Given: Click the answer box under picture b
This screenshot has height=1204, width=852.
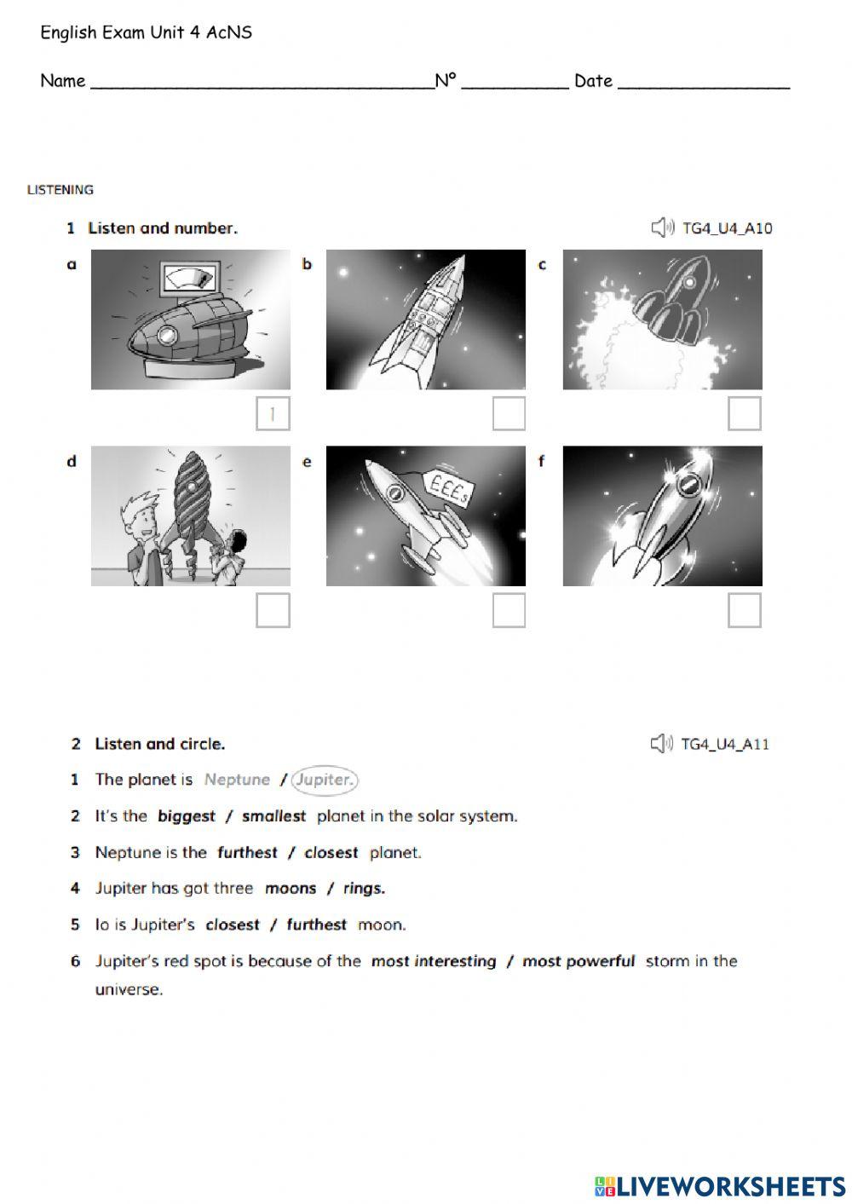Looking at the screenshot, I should coord(509,414).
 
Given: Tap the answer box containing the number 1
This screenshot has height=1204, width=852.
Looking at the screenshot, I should coord(273,414).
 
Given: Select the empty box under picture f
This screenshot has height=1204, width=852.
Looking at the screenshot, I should coord(744,610).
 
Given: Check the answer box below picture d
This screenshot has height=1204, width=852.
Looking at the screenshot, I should coord(273,610).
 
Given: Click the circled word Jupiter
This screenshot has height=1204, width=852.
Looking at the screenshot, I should coord(324,780).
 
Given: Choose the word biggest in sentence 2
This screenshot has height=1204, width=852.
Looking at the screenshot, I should coord(187,816).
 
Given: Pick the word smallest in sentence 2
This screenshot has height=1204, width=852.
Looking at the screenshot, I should coord(273,816).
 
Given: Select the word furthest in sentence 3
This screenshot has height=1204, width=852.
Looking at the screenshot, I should coord(247,853).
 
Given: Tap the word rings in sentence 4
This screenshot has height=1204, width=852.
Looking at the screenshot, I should coord(364,889).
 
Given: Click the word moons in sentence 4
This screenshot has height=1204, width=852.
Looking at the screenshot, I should coord(291,889).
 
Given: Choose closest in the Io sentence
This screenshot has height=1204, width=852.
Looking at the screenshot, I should coord(233,925).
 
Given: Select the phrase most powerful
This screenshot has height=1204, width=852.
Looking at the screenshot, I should coord(579,962).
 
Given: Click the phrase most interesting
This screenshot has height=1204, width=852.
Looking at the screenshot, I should coord(434,962).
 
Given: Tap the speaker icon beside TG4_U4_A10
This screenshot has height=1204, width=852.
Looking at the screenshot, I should coord(662,228).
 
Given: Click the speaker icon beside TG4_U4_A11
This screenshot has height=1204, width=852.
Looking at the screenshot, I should coord(661,744).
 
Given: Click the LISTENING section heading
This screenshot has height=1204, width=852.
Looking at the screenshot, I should coord(60,190).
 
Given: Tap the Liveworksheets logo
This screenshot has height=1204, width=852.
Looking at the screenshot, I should coord(720,1186).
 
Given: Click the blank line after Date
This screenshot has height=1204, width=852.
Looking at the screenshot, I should coord(704,83).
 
